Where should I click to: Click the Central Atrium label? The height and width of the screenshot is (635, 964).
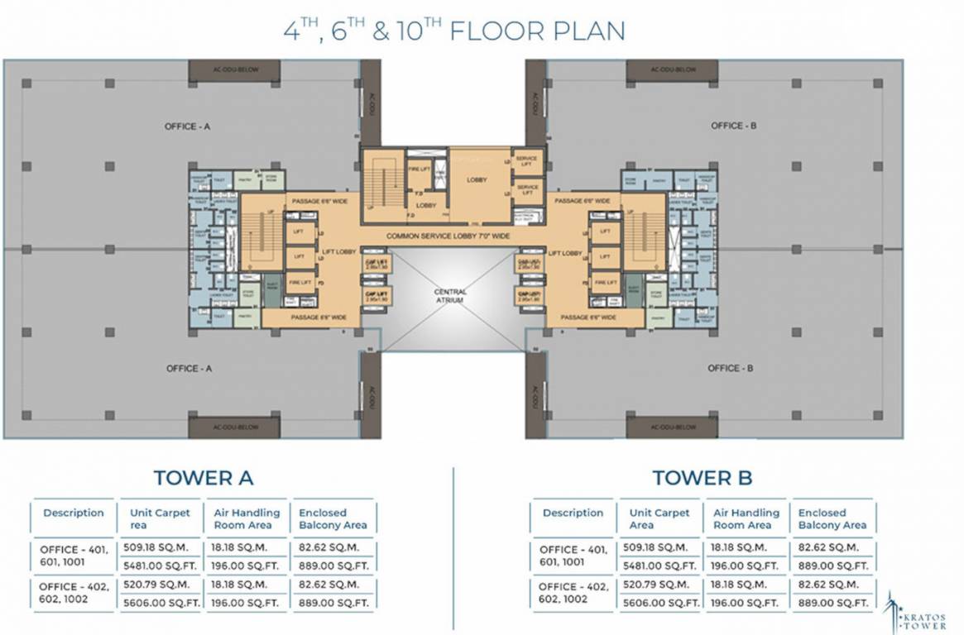point(451,296)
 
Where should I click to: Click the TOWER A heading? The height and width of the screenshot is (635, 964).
point(203,477)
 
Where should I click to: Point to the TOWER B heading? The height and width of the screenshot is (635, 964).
point(702,477)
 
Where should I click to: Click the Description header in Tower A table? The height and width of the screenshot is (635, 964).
point(74,513)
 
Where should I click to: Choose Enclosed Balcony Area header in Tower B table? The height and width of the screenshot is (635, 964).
point(832,518)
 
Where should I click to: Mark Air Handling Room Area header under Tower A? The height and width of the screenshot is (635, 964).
point(247,518)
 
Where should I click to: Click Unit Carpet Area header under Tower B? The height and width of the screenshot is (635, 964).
point(659,518)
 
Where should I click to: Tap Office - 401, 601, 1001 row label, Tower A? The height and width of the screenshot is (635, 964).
point(74,556)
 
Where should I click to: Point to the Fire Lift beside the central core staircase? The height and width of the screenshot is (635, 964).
point(418,169)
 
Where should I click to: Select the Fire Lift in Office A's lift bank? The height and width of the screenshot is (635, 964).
point(300,282)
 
